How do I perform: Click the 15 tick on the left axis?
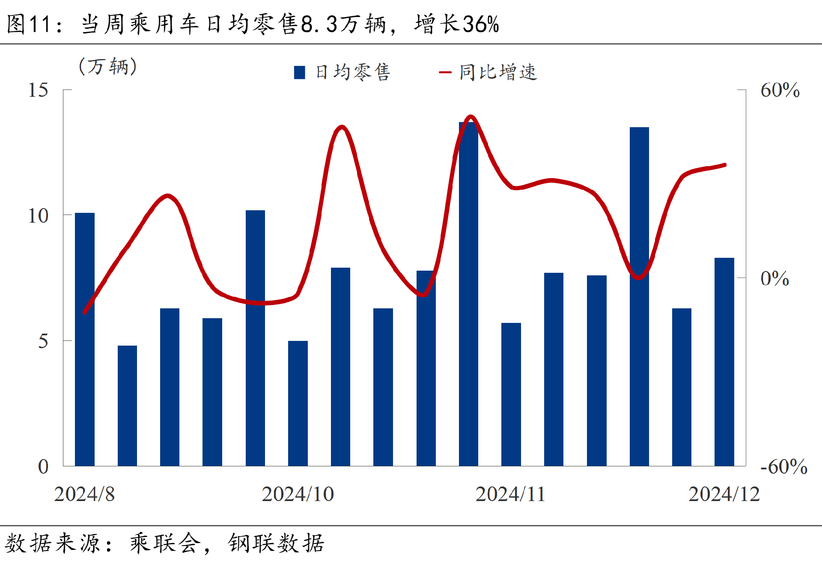38,90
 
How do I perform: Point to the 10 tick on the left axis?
38,215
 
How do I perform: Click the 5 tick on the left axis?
43,341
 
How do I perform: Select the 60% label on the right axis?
780,90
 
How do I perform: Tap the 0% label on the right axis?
774,279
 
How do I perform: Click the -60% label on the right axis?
783,467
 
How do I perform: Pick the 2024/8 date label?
84,494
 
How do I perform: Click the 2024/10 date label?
298,494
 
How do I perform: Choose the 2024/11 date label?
510,494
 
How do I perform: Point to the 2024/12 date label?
724,494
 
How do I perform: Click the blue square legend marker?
300,72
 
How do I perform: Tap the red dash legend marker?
445,72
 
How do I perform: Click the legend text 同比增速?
498,72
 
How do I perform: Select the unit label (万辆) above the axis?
108,66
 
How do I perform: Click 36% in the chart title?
481,24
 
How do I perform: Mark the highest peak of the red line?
471,116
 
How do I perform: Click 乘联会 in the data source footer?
165,543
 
